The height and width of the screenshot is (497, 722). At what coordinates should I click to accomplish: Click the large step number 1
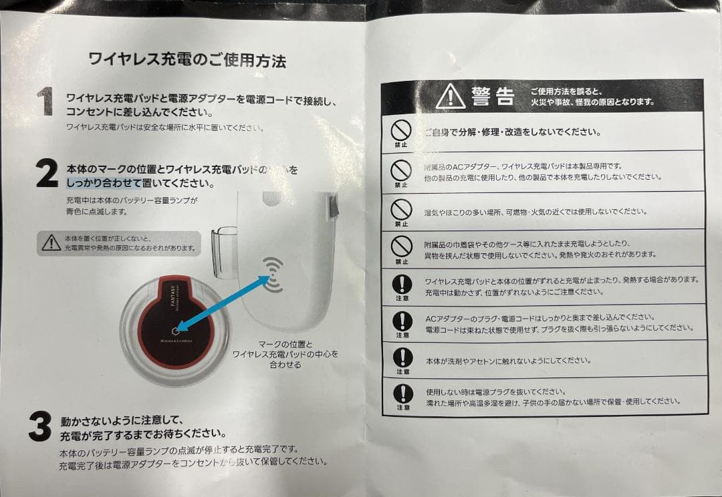coord(45,102)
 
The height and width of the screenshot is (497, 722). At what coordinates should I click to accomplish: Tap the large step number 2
coord(46,174)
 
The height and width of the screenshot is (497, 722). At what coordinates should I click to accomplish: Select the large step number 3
coord(40,426)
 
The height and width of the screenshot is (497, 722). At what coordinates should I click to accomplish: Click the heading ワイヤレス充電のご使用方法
coord(187,61)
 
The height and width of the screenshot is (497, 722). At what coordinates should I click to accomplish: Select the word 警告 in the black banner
coord(493,97)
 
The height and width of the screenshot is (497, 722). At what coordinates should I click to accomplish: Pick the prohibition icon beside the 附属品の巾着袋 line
coord(401,246)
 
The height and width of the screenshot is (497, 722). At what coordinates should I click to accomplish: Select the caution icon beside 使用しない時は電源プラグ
coord(402,394)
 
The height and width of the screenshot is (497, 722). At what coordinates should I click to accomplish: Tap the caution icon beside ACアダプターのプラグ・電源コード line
coord(402,321)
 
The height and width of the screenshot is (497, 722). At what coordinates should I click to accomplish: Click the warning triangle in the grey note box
coord(51,242)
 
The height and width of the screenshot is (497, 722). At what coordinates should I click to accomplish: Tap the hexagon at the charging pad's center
coord(174,329)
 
